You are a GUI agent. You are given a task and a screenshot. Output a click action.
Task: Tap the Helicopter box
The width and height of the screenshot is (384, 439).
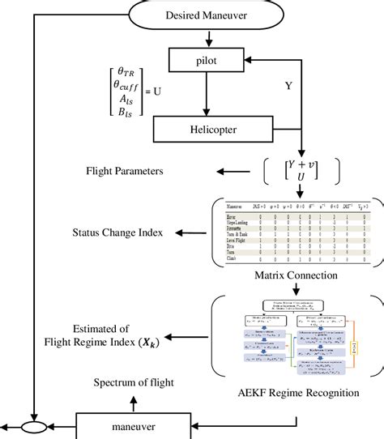tap(210, 129)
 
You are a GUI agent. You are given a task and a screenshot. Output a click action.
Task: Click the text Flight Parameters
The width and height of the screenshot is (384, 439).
tap(126, 172)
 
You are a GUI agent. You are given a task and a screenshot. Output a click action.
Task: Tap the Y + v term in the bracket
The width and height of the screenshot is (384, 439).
tap(303, 164)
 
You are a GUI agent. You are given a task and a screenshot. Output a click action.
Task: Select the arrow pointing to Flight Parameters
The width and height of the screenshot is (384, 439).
tap(226, 172)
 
